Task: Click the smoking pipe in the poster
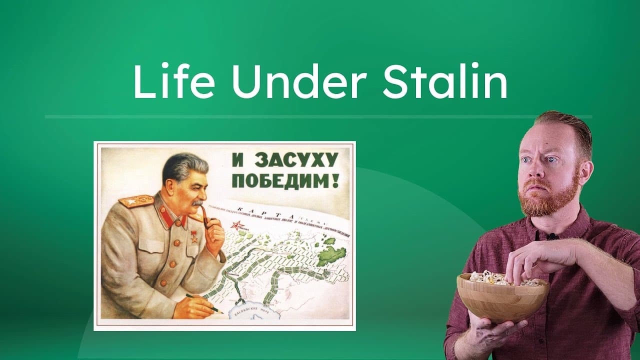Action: click(206, 215)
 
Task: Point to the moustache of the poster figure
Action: click(198, 202)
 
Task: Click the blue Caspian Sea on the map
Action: click(250, 312)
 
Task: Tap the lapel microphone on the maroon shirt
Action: click(552, 236)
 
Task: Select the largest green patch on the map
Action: click(330, 254)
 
